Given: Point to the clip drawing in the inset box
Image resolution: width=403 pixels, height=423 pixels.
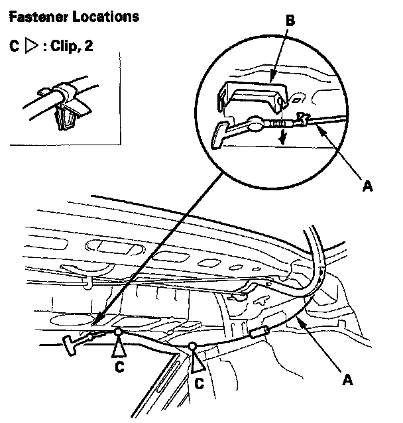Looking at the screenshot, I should pyautogui.click(x=62, y=106).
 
